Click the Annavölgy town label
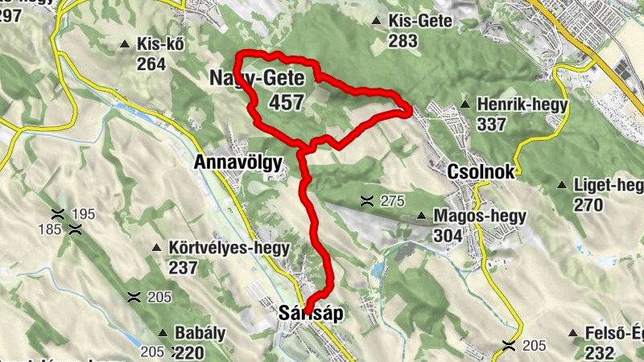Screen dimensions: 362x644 click(238, 162)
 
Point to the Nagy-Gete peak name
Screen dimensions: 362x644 click(256, 80)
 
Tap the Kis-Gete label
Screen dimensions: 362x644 click(420, 22)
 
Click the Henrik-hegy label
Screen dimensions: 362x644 click(522, 105)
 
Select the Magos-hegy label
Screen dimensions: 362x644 click(479, 216)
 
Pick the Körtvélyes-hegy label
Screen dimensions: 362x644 click(229, 248)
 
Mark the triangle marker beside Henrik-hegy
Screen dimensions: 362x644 click(464, 105)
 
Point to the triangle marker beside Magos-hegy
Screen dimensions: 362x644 click(422, 216)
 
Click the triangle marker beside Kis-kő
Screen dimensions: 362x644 click(125, 44)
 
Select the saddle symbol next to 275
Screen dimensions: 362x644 click(367, 200)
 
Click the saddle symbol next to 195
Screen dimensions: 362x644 click(58, 214)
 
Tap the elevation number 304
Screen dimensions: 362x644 click(447, 235)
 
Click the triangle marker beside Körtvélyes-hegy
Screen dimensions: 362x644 click(158, 248)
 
